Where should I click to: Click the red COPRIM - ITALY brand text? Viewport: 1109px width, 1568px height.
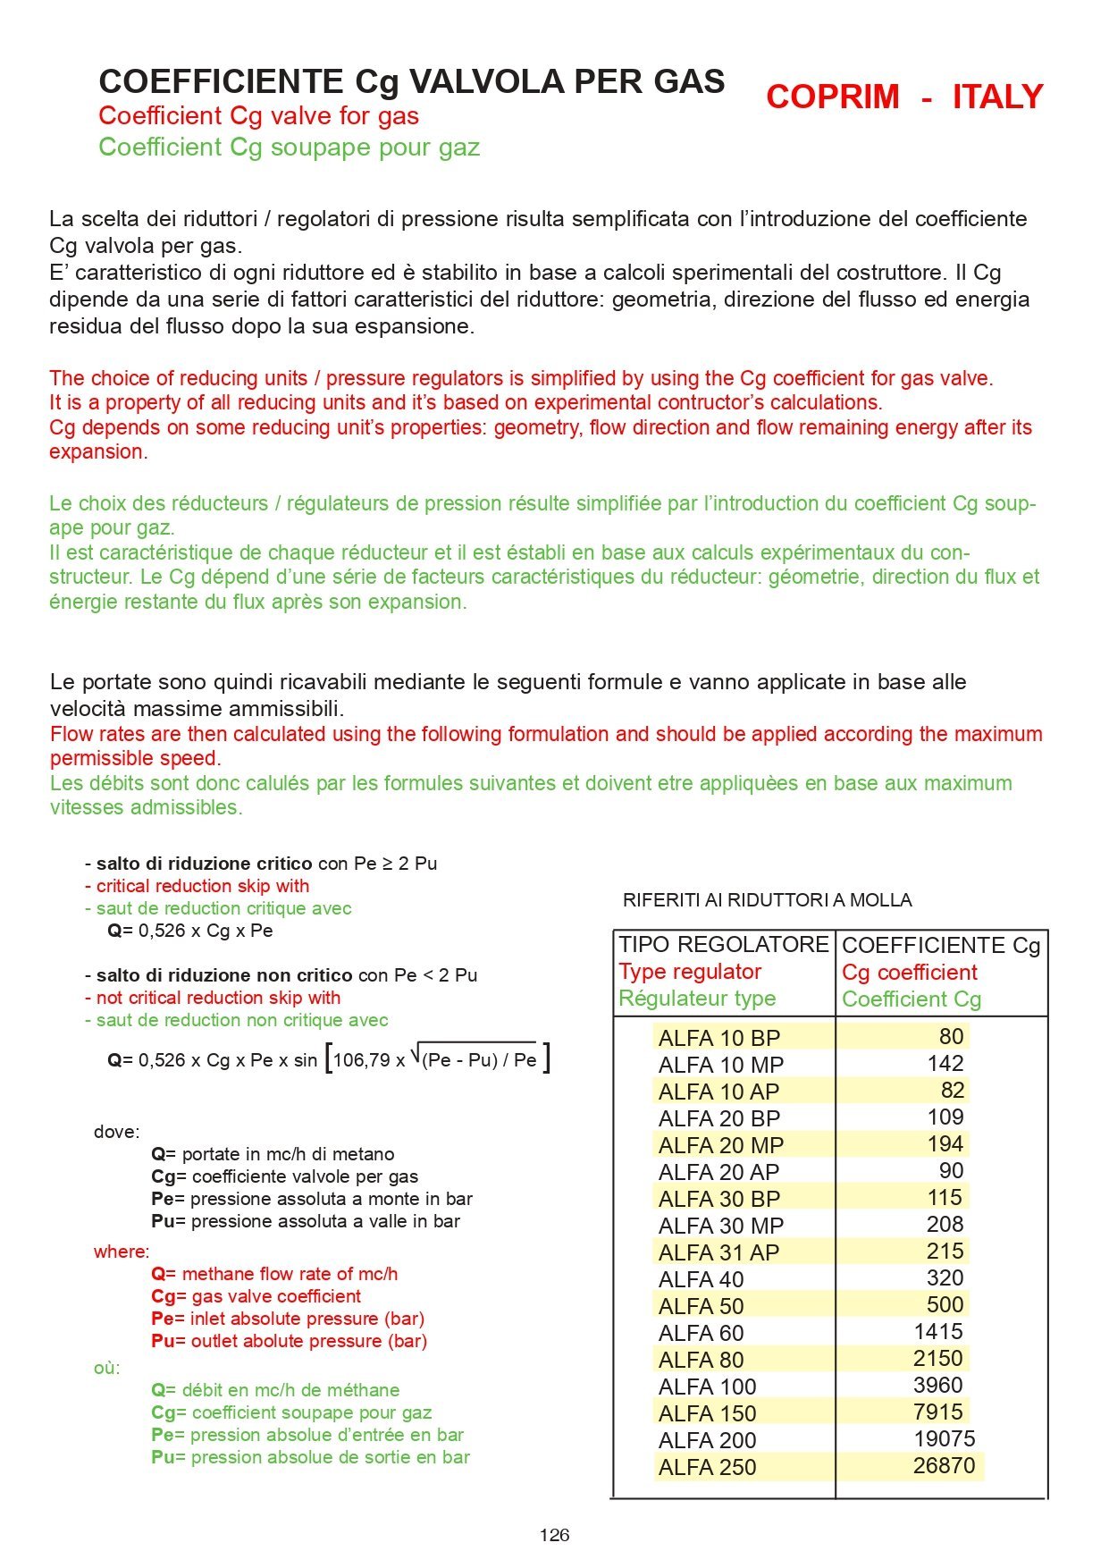coord(903,97)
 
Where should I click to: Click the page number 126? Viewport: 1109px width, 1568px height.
coord(554,1535)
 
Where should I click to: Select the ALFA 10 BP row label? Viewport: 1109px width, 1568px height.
coord(719,1038)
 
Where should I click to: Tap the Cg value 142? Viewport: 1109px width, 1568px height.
coord(945,1064)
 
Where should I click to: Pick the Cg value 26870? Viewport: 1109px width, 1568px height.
coord(944,1466)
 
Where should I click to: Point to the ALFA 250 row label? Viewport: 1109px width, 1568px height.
coord(707,1467)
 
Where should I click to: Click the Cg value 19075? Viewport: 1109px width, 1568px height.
coord(944,1439)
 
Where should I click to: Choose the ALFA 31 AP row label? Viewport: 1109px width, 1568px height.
coord(718,1252)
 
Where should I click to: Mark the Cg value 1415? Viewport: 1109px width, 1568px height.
coord(937,1332)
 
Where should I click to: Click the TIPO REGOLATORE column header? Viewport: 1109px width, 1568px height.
coord(724,945)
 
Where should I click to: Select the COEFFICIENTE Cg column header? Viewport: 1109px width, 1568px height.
coord(941,946)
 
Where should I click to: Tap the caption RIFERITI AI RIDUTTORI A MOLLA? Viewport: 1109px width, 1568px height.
coord(767,900)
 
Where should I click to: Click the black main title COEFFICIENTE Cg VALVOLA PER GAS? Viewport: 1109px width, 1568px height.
coord(411,81)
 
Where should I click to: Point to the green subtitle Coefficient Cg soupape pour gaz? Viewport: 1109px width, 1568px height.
coord(289,148)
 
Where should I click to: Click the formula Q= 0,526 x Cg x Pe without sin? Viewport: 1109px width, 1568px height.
coord(190,931)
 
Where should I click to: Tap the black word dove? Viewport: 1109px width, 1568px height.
coord(116,1132)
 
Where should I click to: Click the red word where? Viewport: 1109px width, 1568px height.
coord(122,1252)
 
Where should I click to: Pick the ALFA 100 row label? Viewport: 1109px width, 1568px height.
coord(707,1387)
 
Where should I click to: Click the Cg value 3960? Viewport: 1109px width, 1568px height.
coord(937,1386)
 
